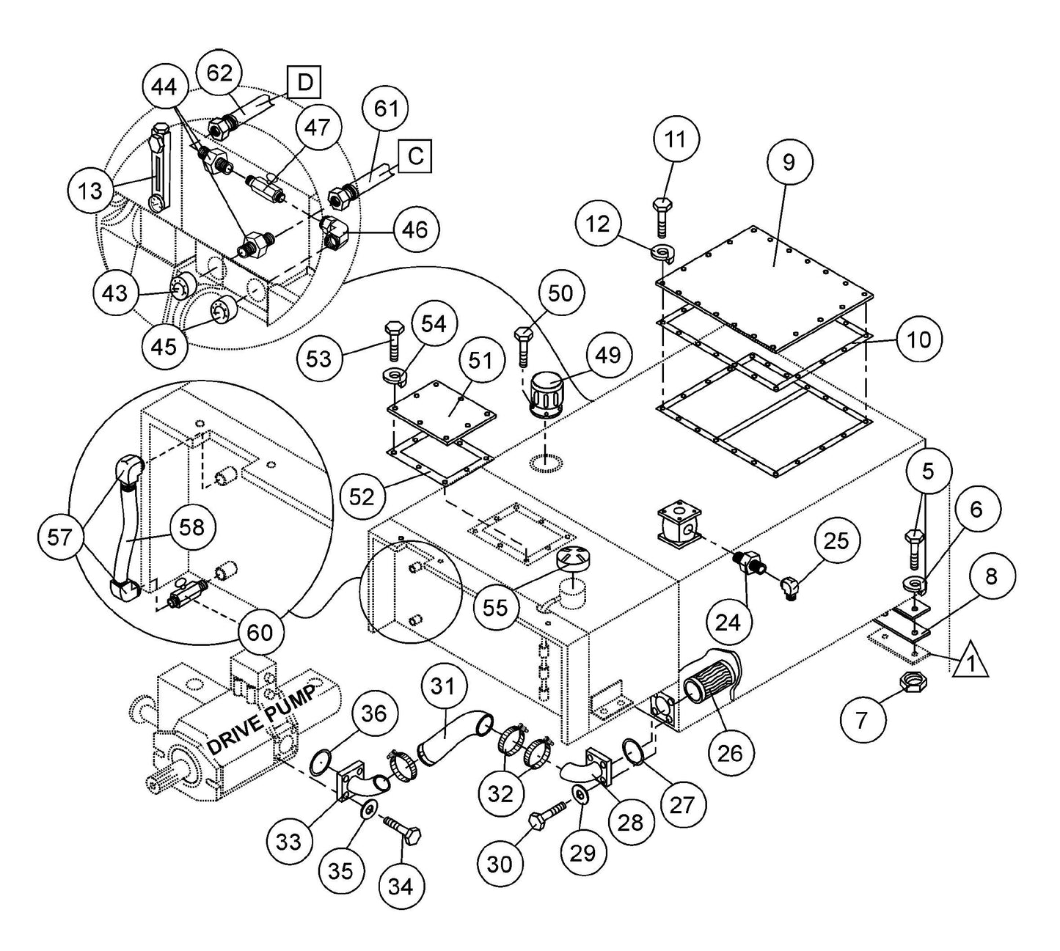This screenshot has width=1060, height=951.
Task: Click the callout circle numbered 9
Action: click(x=789, y=162)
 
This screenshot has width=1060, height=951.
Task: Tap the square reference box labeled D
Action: click(x=304, y=82)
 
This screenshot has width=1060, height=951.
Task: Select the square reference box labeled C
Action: click(x=415, y=156)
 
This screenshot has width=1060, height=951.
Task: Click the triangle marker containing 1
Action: click(x=970, y=661)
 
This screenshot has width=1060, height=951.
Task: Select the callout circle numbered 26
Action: click(x=730, y=752)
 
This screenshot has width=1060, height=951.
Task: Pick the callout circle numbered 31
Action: click(x=443, y=687)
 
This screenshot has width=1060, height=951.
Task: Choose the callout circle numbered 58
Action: click(x=192, y=526)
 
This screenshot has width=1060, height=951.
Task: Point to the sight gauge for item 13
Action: click(x=157, y=169)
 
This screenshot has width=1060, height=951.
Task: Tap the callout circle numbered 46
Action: click(x=415, y=230)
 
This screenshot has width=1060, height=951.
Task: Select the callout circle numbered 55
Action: click(x=496, y=607)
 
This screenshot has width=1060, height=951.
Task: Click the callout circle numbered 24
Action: click(x=728, y=622)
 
